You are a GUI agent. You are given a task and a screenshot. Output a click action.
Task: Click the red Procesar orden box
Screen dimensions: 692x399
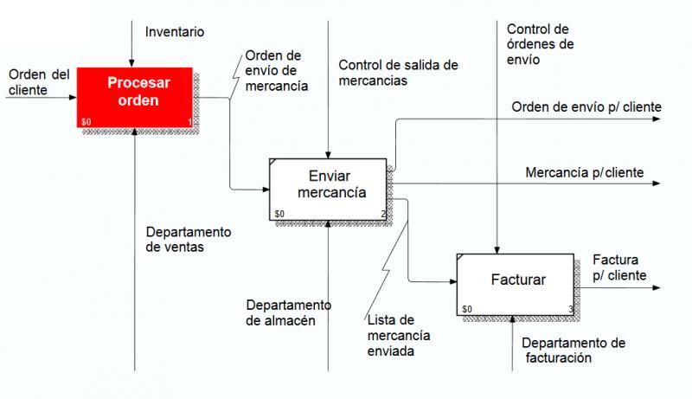click(x=135, y=98)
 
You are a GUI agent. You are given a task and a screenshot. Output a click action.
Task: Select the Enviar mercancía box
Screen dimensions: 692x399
click(x=328, y=190)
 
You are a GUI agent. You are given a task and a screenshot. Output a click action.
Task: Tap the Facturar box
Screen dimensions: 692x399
click(x=516, y=285)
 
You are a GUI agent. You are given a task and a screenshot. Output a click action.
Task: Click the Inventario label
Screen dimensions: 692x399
click(x=175, y=32)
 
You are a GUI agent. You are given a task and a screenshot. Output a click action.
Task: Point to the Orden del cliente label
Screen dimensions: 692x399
click(x=39, y=82)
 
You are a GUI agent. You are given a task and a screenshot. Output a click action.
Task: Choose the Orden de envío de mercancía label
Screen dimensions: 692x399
click(x=277, y=71)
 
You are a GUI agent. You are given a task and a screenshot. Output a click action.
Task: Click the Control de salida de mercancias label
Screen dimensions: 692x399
click(x=398, y=73)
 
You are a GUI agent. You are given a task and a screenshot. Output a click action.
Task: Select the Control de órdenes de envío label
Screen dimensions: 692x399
click(x=540, y=44)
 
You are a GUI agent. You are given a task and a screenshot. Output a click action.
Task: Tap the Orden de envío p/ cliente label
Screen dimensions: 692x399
click(x=586, y=106)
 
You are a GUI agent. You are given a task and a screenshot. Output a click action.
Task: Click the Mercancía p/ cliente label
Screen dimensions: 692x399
click(x=585, y=172)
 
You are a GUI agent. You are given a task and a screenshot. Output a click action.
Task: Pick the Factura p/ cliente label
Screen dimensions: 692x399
click(x=619, y=267)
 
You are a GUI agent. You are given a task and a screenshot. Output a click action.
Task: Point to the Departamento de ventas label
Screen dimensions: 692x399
click(x=189, y=239)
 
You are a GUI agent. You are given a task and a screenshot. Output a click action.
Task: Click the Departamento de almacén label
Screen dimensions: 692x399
click(x=289, y=312)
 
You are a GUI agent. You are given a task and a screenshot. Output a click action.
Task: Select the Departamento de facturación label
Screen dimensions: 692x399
click(x=573, y=350)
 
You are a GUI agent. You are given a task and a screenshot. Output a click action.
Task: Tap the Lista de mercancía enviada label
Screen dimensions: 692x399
click(x=399, y=336)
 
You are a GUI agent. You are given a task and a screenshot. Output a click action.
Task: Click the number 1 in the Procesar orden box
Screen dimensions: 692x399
click(x=189, y=122)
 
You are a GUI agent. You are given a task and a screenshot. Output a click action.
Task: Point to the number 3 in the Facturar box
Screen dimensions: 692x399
click(x=571, y=309)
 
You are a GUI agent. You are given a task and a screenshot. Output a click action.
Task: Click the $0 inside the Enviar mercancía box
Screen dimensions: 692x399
click(x=279, y=214)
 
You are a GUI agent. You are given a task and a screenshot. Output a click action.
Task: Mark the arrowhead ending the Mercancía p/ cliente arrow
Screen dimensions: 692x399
click(x=657, y=183)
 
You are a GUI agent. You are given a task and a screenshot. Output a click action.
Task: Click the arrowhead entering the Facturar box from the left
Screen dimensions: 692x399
click(x=452, y=281)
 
